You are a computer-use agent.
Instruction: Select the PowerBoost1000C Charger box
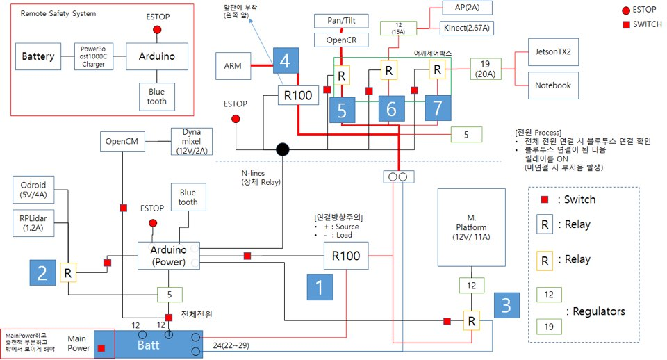coord(93,56)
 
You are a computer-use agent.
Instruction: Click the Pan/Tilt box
coord(341,22)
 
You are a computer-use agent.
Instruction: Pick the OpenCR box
coord(341,41)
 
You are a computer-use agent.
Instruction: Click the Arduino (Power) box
coord(165,256)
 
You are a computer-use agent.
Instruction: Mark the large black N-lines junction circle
coord(282,149)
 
